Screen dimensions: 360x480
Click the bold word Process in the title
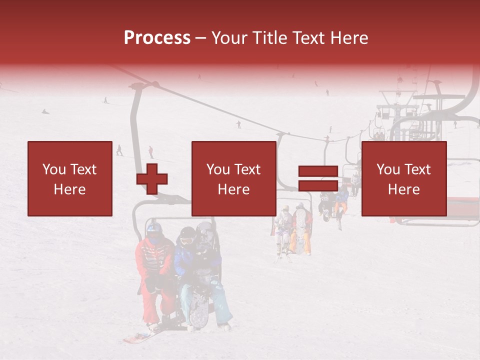[157, 38]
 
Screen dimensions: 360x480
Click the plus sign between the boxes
[152, 178]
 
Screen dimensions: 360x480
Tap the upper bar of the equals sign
[318, 171]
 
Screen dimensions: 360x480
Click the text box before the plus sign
[70, 178]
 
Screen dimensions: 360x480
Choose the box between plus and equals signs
[234, 178]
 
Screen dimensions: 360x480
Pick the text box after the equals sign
[404, 178]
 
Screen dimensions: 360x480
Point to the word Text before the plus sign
[83, 169]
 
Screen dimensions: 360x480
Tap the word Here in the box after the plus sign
[234, 189]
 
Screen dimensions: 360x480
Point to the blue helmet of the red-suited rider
[154, 229]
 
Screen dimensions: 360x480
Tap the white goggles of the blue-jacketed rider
[186, 241]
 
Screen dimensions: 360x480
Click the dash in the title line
[200, 38]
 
